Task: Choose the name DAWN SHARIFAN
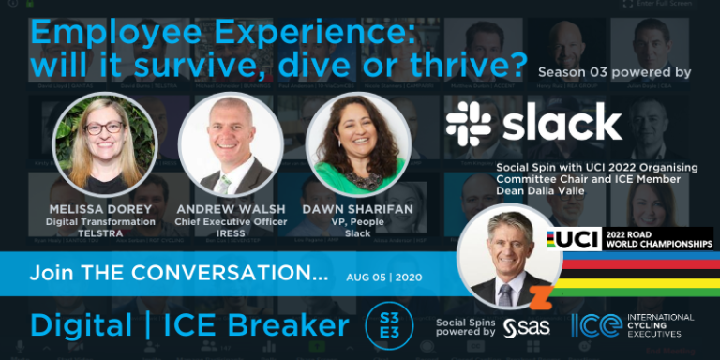[358, 208]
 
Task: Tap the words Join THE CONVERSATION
[179, 276]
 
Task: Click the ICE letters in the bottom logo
[596, 325]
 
